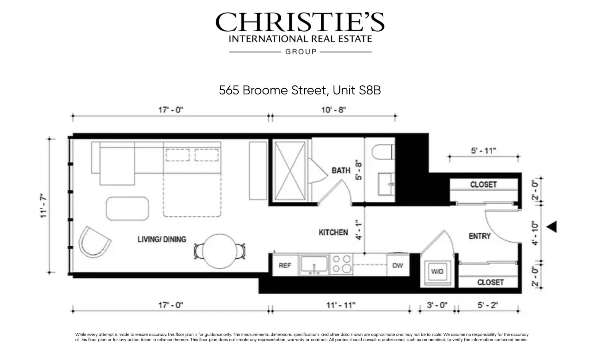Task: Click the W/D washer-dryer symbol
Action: (x=437, y=271)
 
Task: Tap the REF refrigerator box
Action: (x=285, y=265)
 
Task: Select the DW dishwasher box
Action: (x=398, y=265)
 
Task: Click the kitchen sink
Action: (x=314, y=265)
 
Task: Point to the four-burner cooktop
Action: (x=342, y=264)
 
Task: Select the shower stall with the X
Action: (x=290, y=170)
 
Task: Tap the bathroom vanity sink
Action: (x=386, y=184)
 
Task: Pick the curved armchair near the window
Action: (x=94, y=242)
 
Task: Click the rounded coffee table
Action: (x=127, y=208)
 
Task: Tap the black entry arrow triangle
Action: (x=552, y=227)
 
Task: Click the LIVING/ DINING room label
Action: (x=162, y=239)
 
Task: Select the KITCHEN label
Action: (x=333, y=232)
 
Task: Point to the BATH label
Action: (x=341, y=170)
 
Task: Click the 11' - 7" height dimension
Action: (x=43, y=206)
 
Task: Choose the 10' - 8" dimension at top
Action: (x=333, y=110)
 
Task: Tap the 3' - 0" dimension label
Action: (x=437, y=305)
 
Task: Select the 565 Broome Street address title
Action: (x=300, y=90)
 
